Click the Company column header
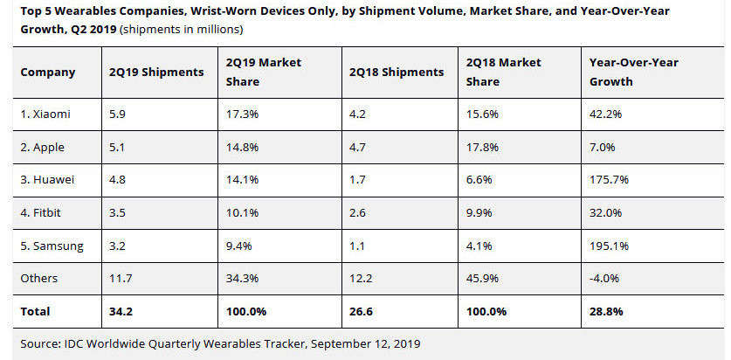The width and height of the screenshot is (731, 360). pos(48,73)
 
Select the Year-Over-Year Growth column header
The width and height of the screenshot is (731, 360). pos(635,73)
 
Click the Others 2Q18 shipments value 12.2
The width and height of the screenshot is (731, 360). pos(361,278)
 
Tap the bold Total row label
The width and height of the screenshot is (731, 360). pos(36,311)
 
